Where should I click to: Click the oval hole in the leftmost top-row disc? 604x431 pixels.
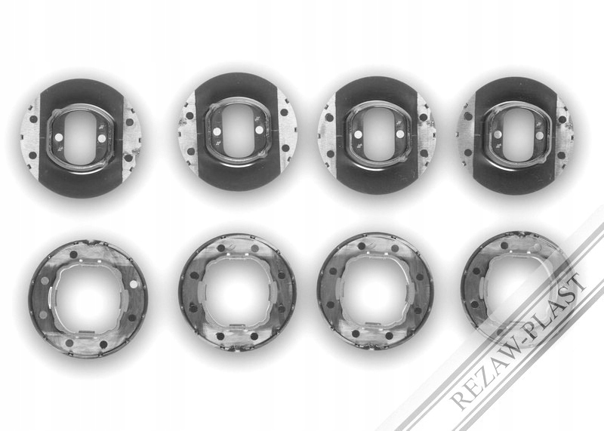[x=81, y=138]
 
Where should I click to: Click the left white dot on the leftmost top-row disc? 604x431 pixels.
[x=59, y=137]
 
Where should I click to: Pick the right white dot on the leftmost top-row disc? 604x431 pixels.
[x=102, y=137]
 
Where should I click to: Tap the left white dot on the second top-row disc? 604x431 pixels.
[x=217, y=131]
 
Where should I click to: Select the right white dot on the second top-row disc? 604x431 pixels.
[x=259, y=130]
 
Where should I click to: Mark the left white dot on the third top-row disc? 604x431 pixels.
[x=358, y=134]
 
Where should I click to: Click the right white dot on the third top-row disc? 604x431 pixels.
[x=400, y=134]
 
